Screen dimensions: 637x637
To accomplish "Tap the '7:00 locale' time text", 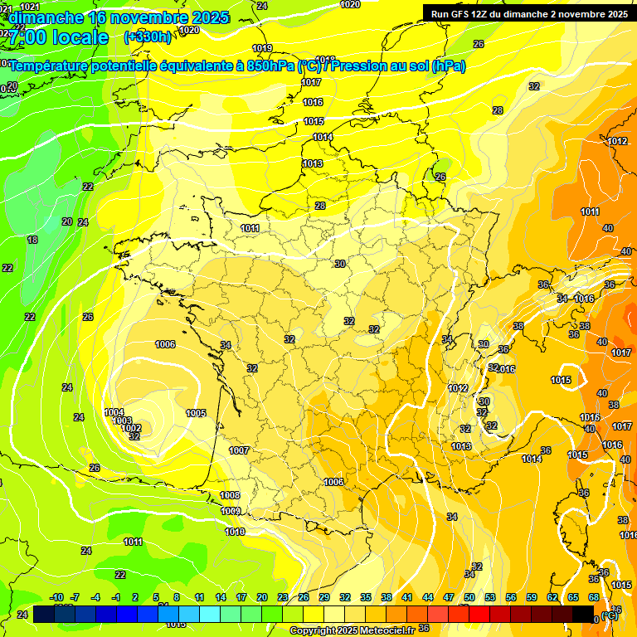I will (58, 37).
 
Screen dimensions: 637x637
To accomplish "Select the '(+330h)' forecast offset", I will (148, 36).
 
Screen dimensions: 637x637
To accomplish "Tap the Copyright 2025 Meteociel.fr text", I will (352, 630).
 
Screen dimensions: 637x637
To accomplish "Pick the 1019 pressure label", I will (262, 48).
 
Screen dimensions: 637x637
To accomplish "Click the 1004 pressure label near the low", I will (114, 412).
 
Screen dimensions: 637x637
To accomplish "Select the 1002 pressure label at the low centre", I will (132, 428).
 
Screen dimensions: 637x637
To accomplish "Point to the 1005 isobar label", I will (196, 413).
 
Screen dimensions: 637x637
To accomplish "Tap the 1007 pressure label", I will (239, 450).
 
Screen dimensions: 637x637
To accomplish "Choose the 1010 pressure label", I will (235, 532).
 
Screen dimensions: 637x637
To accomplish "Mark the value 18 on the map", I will (32, 240).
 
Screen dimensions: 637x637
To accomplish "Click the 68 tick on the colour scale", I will (594, 597).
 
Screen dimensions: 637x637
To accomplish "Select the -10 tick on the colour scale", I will (57, 597).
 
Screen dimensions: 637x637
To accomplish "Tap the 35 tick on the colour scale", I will (367, 597).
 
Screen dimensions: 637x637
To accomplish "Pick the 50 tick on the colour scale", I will (469, 597).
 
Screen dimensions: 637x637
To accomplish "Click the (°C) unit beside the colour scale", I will (610, 615).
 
